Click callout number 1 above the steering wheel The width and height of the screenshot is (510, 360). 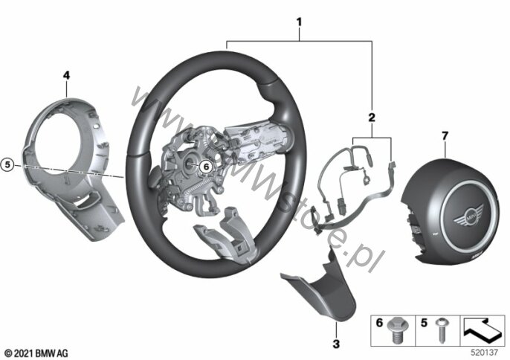point(299,22)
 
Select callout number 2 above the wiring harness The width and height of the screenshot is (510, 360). point(372,118)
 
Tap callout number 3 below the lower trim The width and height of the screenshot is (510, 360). point(336,344)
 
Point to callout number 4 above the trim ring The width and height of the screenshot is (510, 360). point(66,76)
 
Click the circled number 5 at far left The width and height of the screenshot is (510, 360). point(7,165)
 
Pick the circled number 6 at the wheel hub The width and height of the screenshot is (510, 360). point(205,167)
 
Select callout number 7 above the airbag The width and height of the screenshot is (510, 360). point(445,135)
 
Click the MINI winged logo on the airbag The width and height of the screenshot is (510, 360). point(468,215)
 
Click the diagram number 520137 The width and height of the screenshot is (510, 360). point(485,352)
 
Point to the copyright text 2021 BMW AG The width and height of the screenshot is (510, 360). point(36,353)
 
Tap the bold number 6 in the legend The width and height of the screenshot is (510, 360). point(380,324)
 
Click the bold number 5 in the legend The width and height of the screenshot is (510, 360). point(424,324)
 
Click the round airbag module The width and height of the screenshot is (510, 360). point(451,211)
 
